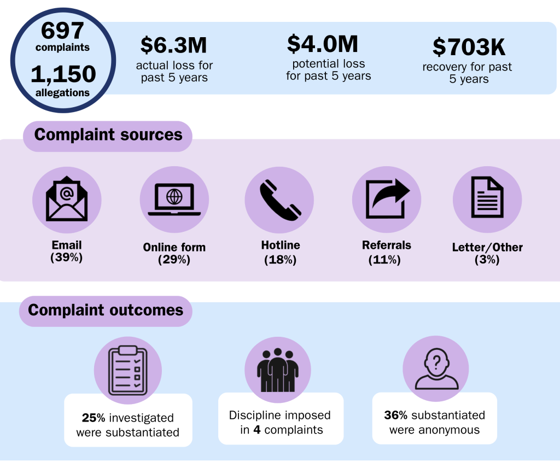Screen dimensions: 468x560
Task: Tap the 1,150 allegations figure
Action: point(63,73)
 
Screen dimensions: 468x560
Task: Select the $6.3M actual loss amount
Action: point(174,46)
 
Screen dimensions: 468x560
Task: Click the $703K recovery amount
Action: point(468,48)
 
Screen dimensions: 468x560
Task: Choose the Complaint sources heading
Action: point(108,135)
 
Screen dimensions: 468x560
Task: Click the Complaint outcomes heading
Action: point(106,311)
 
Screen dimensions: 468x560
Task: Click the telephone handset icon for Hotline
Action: point(280,200)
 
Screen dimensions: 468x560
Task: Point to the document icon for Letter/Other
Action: point(487,199)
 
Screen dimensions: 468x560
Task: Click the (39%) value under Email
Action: point(67,258)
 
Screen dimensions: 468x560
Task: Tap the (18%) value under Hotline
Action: point(280,260)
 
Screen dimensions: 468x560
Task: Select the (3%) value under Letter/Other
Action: point(487,260)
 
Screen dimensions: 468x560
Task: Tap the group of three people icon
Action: point(277,369)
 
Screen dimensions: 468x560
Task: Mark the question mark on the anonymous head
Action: point(436,361)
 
